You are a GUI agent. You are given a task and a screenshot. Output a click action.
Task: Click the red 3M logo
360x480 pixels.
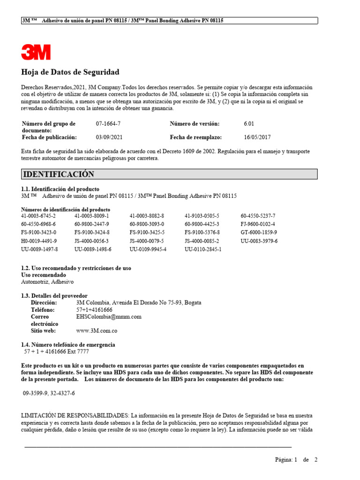[36, 52]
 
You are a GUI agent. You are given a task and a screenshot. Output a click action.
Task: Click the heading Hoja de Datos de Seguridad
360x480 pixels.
[70, 72]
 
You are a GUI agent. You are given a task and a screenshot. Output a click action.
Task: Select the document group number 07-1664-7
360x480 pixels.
[108, 124]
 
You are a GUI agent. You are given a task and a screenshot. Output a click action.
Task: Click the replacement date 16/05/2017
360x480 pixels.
[257, 137]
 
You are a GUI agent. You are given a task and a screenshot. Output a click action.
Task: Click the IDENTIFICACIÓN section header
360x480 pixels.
[59, 174]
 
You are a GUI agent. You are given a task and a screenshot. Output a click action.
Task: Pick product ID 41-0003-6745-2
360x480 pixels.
[38, 216]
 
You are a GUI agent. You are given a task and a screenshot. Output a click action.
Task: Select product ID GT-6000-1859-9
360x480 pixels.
[259, 232]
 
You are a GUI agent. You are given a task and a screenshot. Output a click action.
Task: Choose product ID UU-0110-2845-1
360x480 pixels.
[203, 249]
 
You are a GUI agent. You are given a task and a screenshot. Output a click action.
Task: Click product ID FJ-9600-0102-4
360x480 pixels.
[258, 224]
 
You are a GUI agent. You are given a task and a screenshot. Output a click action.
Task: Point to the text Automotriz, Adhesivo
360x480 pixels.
[47, 282]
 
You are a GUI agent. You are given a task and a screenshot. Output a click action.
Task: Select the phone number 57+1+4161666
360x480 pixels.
[94, 310]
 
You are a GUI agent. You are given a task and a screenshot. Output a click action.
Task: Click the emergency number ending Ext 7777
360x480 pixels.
[56, 352]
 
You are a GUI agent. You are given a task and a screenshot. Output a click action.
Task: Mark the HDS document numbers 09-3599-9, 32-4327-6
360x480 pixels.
[49, 393]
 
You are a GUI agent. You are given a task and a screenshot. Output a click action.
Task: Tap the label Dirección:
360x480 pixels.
[44, 303]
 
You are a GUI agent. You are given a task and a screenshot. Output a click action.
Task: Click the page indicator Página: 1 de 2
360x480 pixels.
[296, 460]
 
